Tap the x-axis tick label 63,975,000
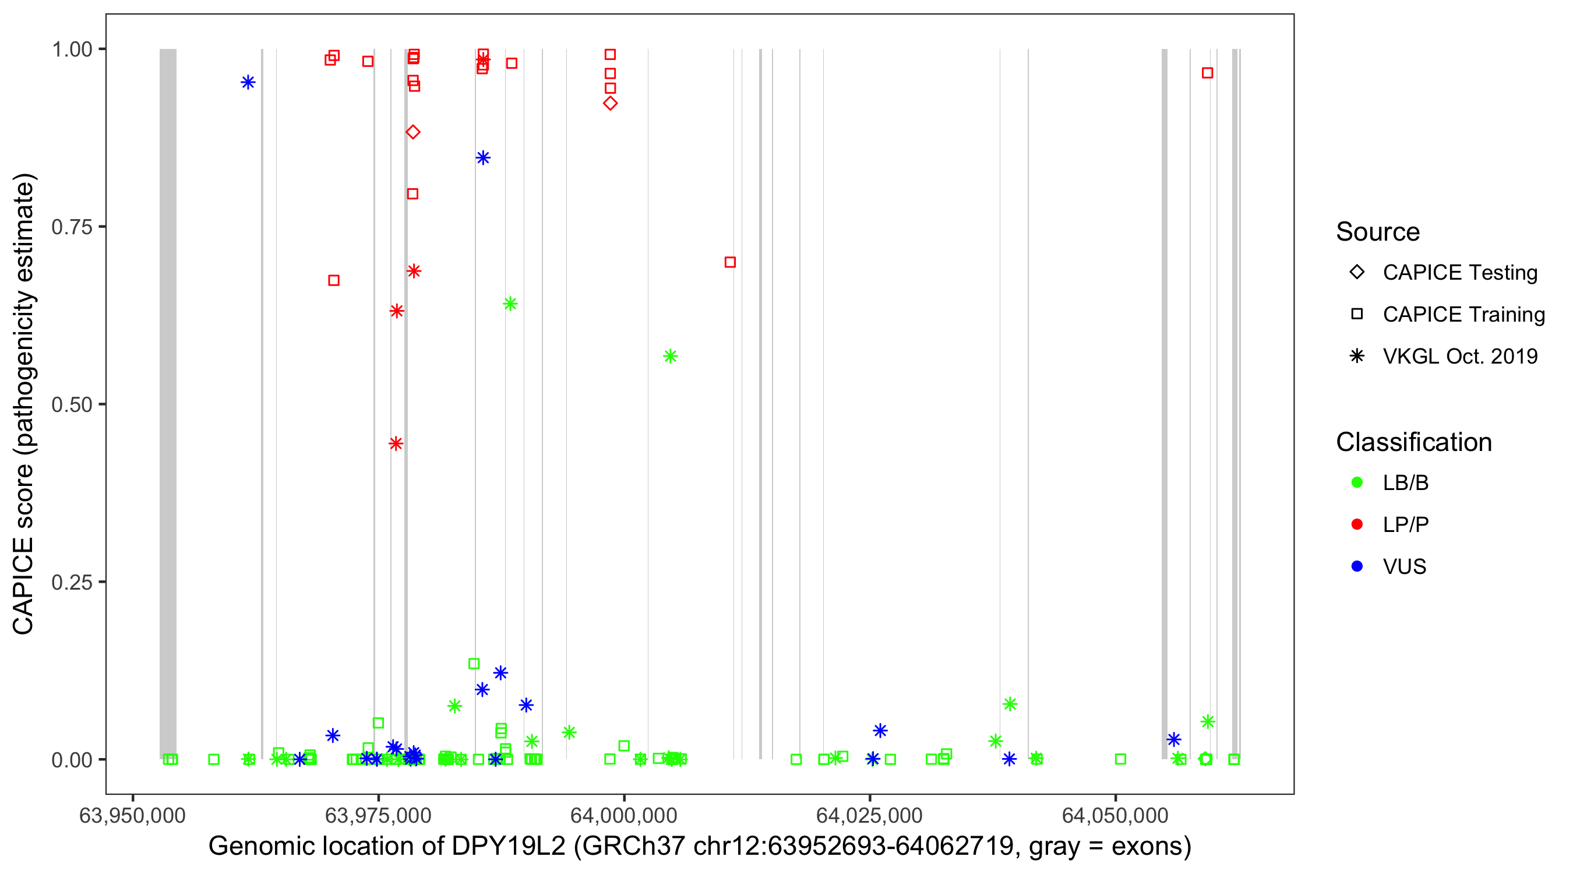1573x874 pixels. (378, 815)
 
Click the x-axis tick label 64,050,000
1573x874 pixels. (1115, 815)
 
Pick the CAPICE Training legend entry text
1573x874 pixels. (1463, 315)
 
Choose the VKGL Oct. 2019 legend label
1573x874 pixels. (1460, 357)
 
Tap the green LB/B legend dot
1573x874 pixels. (1357, 483)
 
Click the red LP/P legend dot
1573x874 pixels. (1357, 524)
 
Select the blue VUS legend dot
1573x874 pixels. (1357, 567)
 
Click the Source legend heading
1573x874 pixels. (1378, 232)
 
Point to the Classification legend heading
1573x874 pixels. (1413, 442)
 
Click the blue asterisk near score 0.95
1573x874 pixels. (248, 83)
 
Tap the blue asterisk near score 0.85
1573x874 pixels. (483, 158)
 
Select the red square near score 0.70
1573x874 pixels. (730, 263)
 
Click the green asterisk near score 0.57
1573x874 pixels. (671, 357)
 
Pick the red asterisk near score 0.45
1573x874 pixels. (396, 444)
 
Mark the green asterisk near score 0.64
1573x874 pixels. (510, 304)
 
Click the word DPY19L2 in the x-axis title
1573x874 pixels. (509, 847)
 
